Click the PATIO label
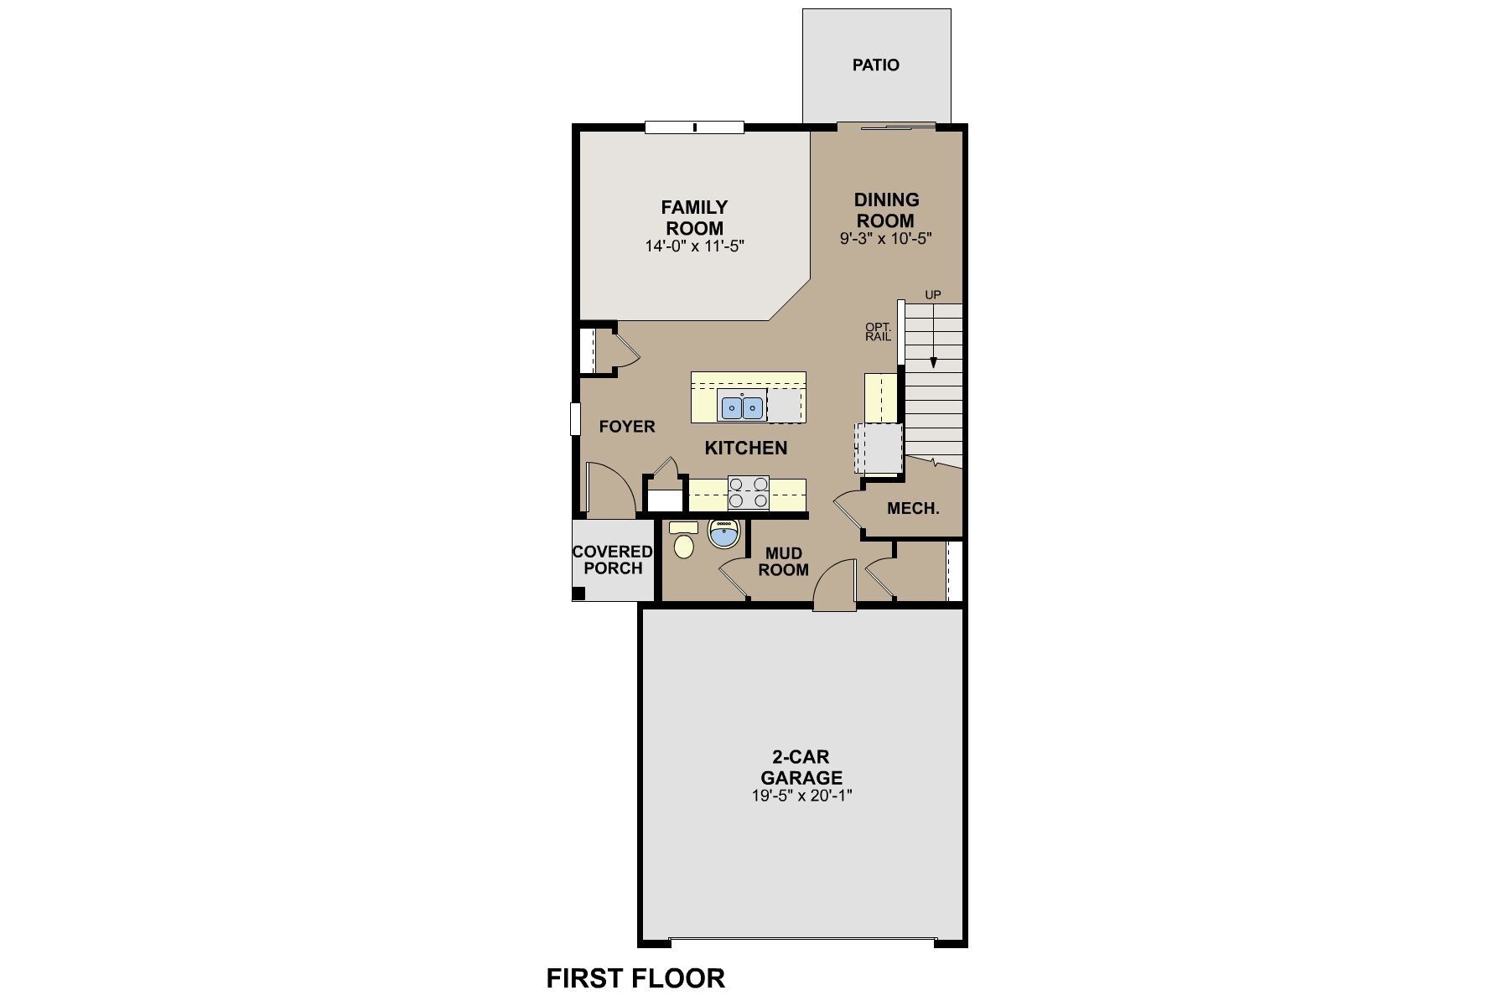coord(876,65)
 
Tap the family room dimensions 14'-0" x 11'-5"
coord(695,246)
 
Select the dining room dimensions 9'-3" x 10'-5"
coord(886,239)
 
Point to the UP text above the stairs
coord(932,295)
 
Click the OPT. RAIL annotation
coord(878,331)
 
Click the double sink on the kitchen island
coord(742,407)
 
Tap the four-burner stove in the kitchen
coord(749,492)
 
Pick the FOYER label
coord(627,427)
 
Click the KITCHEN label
coord(746,449)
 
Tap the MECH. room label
coord(913,509)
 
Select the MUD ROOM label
coord(783,562)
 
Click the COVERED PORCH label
coord(612,560)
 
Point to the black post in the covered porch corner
coord(578,594)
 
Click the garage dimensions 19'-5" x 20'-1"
coord(801,796)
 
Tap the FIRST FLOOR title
coord(635,978)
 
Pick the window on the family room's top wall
coord(694,127)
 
